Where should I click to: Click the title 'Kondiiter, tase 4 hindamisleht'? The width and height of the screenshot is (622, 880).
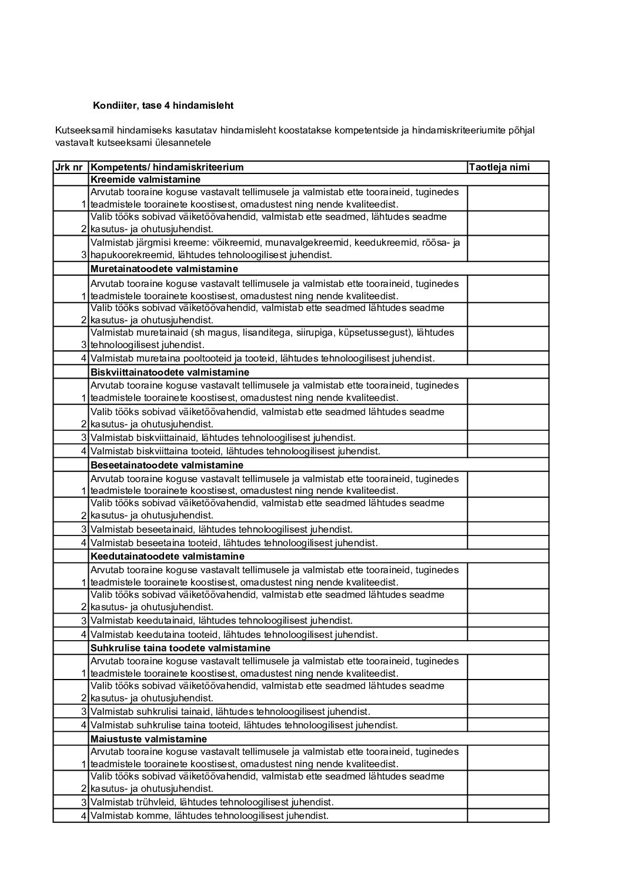tap(163, 106)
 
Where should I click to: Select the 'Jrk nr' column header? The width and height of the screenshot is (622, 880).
tap(69, 168)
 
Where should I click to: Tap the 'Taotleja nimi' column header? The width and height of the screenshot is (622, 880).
tap(499, 168)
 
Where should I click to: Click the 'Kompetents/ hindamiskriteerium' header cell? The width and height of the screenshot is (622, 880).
tap(167, 168)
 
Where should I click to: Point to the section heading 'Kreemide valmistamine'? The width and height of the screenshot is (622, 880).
tap(145, 180)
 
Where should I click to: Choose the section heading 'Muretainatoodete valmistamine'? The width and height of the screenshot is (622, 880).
tap(164, 269)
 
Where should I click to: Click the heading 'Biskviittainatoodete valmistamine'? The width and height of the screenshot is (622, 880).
tap(170, 373)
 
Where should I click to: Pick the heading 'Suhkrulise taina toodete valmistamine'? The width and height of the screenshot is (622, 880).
tap(180, 648)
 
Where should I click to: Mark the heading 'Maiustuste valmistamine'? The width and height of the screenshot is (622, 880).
tap(149, 740)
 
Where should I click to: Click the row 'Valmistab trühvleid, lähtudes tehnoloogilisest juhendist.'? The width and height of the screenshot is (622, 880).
tap(212, 802)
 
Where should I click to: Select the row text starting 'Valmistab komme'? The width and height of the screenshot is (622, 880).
tap(209, 816)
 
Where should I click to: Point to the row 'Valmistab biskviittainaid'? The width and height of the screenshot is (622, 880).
tap(223, 438)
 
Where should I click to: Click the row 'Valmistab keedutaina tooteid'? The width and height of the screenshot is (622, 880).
tap(234, 635)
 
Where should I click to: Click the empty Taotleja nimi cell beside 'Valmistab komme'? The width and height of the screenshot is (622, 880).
tap(508, 816)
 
